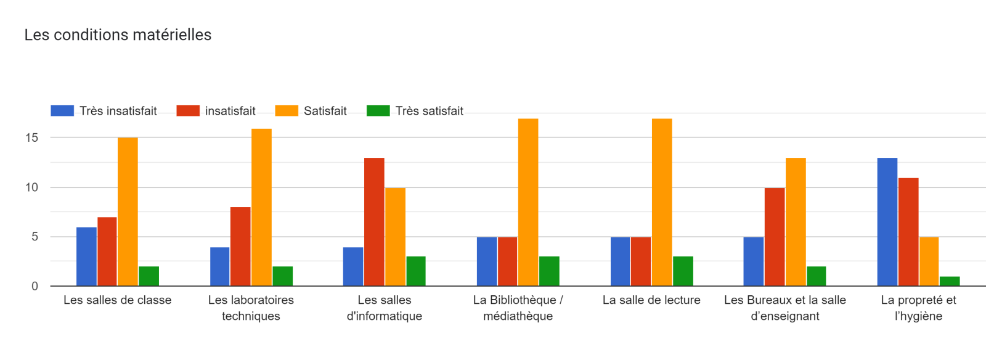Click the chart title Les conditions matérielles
(118, 35)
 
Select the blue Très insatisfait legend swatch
(62, 111)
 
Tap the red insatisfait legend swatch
(188, 111)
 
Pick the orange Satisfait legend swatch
(287, 111)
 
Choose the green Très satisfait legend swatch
(378, 111)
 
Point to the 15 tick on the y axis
(32, 137)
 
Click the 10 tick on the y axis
(32, 187)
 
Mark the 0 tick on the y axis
(35, 286)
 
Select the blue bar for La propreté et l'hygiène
(887, 222)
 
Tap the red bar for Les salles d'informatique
(374, 222)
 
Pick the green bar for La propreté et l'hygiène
(950, 281)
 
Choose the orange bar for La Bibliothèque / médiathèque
(528, 202)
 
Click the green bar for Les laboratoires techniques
(282, 276)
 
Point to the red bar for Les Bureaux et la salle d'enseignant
(775, 237)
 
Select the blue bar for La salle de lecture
(621, 261)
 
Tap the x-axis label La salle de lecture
(651, 300)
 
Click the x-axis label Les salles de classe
(117, 300)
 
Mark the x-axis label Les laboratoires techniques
(251, 308)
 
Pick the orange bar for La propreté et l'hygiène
(929, 261)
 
